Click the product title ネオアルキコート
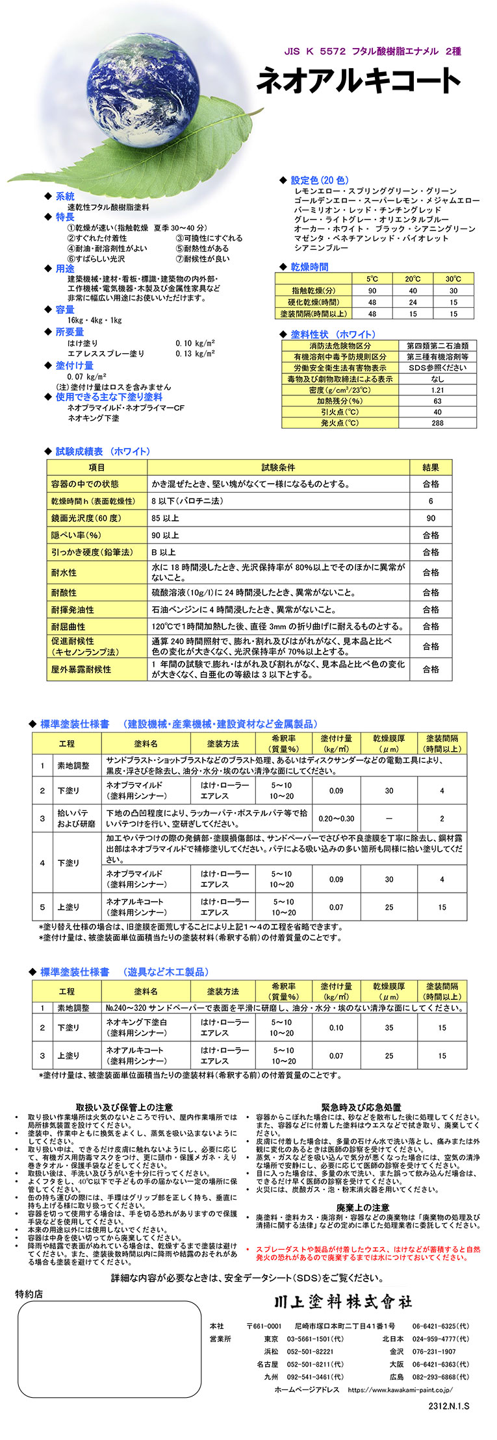[359, 81]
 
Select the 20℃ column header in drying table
[413, 279]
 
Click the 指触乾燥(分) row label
[313, 291]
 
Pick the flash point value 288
[437, 423]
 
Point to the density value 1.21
[437, 390]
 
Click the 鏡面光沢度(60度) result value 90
[431, 518]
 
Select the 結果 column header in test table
[431, 467]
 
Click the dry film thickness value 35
[389, 1028]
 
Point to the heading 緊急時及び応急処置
[361, 1107]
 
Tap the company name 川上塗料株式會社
[342, 1302]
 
